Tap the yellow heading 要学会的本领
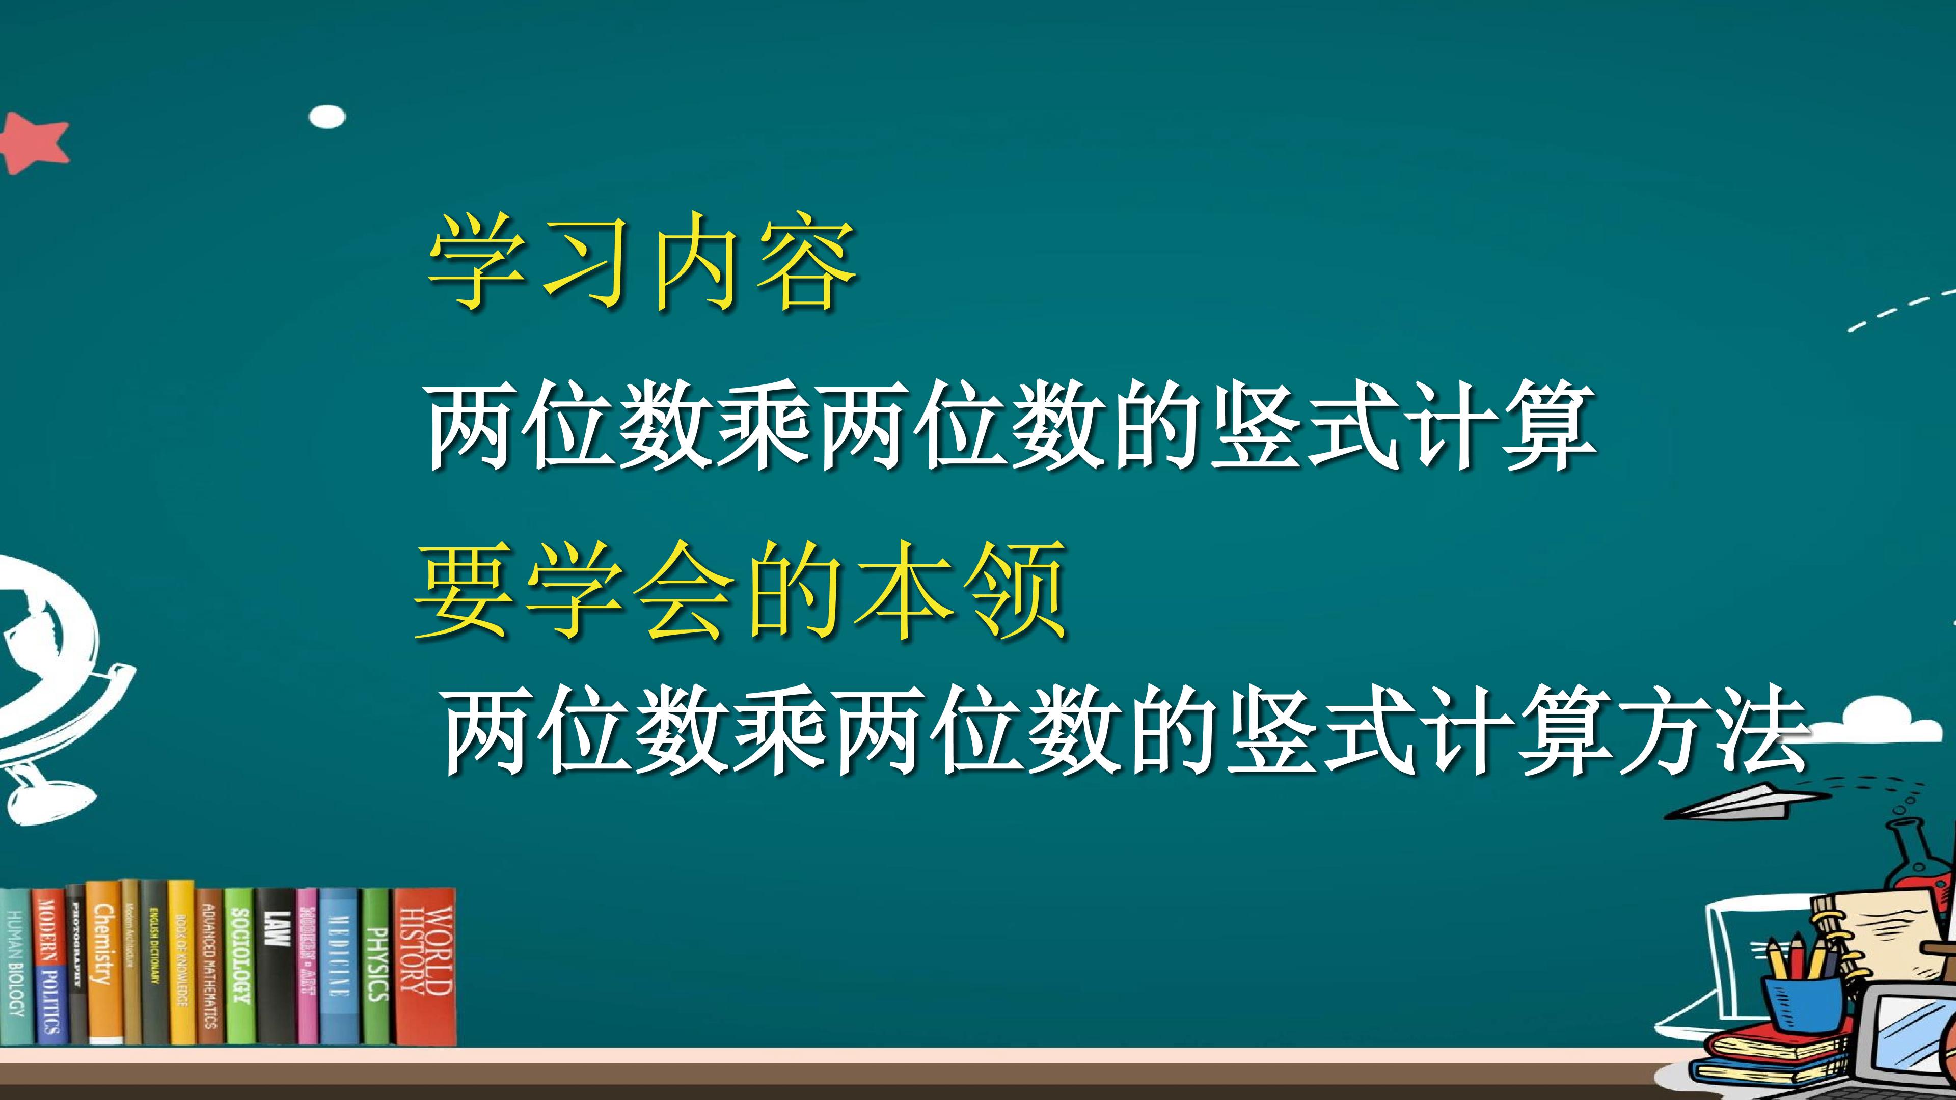click(x=741, y=591)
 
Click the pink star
click(x=34, y=143)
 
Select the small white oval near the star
click(x=327, y=116)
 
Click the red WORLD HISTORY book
click(x=425, y=965)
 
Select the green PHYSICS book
click(x=376, y=965)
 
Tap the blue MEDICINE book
click(x=339, y=965)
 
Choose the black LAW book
click(x=277, y=965)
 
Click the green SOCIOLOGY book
click(x=239, y=965)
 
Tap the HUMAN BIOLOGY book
click(x=15, y=965)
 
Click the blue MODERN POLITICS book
click(x=48, y=965)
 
